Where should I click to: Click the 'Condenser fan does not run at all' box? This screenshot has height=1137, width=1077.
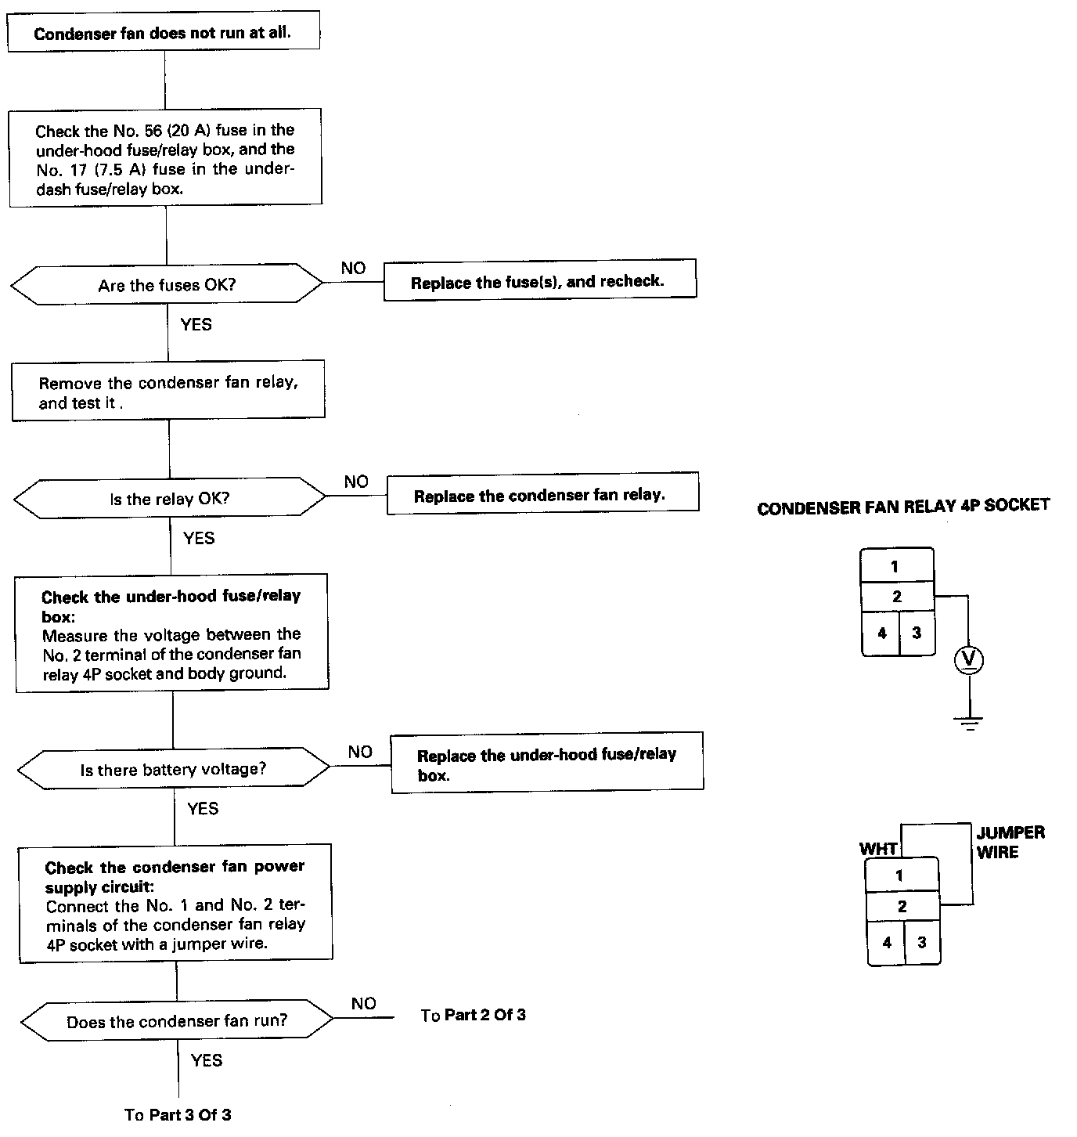tap(164, 31)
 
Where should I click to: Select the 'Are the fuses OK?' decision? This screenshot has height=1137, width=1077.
tap(167, 284)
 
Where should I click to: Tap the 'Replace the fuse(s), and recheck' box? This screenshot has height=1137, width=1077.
tap(540, 280)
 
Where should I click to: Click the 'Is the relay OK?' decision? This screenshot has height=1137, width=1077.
tap(169, 498)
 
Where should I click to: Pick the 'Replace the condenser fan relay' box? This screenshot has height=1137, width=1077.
tap(543, 493)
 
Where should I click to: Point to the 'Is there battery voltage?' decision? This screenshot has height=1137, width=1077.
tap(174, 769)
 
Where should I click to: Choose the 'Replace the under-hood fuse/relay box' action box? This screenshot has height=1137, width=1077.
tap(547, 762)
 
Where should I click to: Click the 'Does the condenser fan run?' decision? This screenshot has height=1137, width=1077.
tap(177, 1021)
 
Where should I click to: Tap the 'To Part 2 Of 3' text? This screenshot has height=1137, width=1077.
tap(473, 1015)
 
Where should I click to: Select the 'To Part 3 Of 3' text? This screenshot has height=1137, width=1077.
tap(178, 1114)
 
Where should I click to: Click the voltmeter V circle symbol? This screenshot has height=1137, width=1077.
tap(969, 660)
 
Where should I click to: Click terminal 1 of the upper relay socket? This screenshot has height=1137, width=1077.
tap(897, 565)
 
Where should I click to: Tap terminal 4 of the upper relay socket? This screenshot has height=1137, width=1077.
tap(881, 633)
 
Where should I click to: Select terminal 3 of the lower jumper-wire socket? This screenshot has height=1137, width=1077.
tap(922, 943)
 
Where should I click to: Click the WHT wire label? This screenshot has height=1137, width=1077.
tap(878, 849)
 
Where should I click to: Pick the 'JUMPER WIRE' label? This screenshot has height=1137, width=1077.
tap(1010, 842)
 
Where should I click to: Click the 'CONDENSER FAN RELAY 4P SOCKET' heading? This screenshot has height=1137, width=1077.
tap(903, 507)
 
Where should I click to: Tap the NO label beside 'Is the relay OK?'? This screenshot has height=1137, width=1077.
tap(356, 481)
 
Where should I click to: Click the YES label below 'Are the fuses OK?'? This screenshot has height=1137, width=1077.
tap(196, 324)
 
